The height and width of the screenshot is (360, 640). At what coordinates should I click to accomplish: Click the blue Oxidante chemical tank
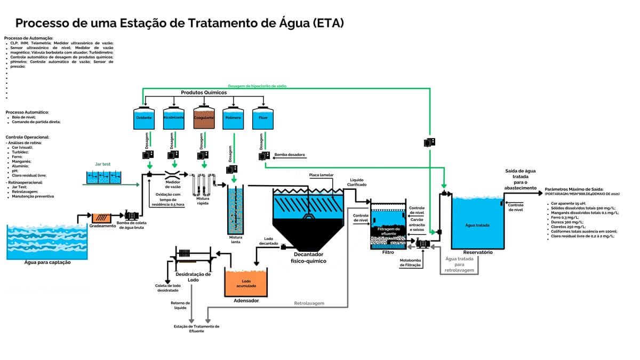(x=143, y=118)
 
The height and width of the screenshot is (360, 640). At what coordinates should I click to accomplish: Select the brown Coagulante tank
(x=204, y=118)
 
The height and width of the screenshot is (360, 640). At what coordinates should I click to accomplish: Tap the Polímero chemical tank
(x=233, y=118)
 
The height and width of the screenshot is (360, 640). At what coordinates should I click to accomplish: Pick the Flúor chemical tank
(x=263, y=118)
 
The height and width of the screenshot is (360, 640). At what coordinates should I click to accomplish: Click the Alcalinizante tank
(x=173, y=118)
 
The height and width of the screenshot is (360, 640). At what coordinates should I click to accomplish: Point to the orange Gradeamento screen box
(x=101, y=218)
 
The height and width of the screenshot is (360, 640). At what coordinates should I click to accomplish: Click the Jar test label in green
(x=103, y=165)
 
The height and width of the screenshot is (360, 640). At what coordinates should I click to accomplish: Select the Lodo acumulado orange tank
(x=246, y=283)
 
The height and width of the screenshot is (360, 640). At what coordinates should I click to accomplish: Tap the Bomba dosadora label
(x=289, y=155)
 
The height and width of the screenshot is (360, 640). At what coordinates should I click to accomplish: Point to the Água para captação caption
(x=47, y=262)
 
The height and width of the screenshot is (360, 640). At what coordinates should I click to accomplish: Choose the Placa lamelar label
(x=322, y=175)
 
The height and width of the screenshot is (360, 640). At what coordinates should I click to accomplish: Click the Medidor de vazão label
(x=174, y=185)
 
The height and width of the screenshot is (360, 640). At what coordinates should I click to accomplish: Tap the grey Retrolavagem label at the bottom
(x=309, y=303)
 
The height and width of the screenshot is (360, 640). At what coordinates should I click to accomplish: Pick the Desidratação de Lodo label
(x=193, y=277)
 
